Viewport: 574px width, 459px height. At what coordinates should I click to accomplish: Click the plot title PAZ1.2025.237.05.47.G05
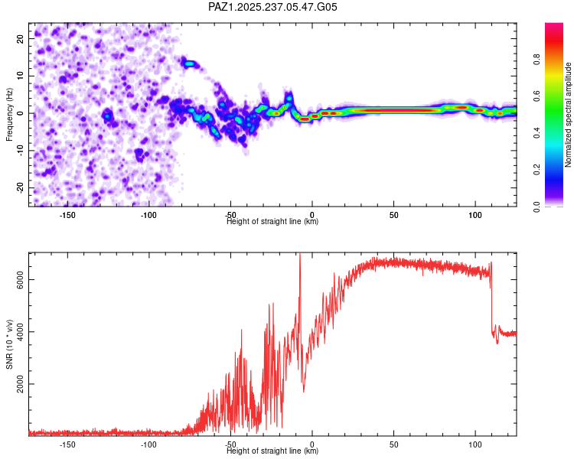[x=273, y=7]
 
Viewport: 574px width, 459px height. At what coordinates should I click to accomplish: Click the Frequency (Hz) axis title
[x=9, y=114]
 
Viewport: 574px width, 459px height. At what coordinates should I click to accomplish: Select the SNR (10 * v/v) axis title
[x=9, y=343]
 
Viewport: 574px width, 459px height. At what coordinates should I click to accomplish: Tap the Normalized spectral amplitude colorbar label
[x=569, y=115]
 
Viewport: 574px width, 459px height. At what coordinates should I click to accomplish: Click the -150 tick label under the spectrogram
[x=67, y=215]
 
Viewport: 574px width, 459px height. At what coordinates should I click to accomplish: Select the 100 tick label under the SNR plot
[x=475, y=444]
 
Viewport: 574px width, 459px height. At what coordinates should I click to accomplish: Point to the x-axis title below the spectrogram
[x=272, y=222]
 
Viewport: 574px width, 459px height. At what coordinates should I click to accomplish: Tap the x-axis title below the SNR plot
[x=272, y=451]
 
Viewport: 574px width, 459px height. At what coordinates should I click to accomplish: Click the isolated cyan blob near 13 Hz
[x=189, y=63]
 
